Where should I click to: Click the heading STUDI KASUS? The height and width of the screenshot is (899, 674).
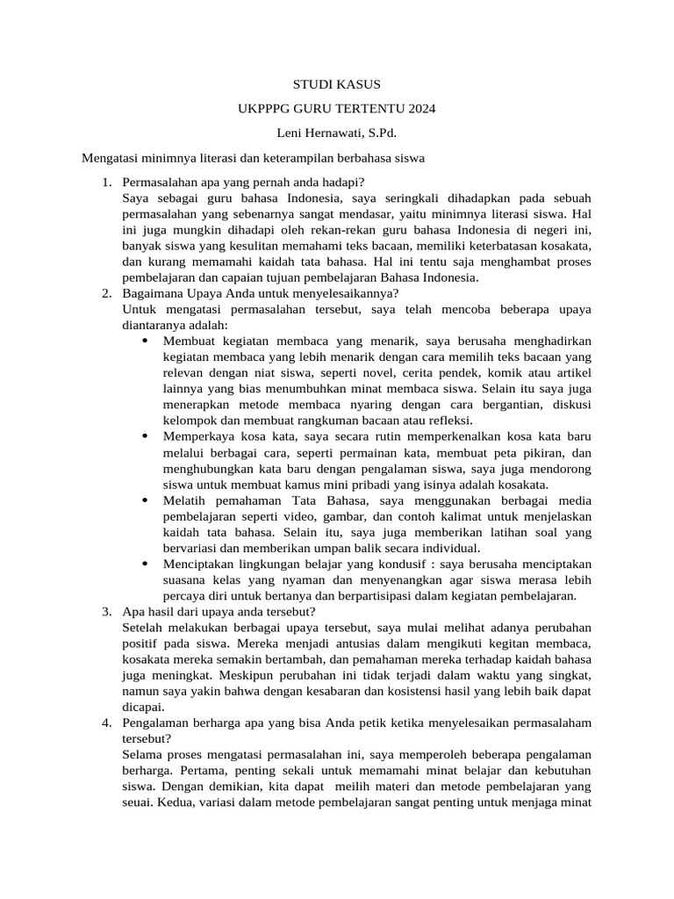pos(337,85)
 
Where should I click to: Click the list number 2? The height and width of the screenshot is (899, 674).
pos(106,293)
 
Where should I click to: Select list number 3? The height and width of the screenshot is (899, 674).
pos(106,611)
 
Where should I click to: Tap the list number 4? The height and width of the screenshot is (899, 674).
pos(106,722)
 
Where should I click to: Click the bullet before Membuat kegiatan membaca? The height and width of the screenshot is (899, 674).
pos(145,341)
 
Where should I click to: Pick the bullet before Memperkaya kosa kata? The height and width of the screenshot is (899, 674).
pos(145,436)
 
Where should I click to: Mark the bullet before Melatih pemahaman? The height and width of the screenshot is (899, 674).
pos(145,500)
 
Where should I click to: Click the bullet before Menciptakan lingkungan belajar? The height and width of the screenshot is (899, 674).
pos(145,564)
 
